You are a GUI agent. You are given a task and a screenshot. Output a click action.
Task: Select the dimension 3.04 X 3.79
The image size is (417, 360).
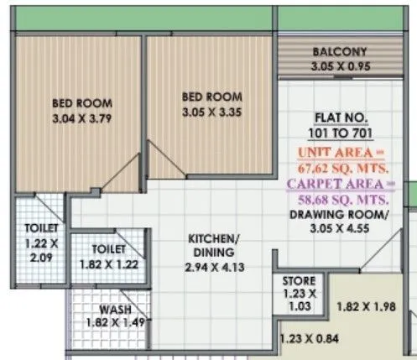[82, 118]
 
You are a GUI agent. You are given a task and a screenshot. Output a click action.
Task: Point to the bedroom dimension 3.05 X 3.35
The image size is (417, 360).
[212, 112]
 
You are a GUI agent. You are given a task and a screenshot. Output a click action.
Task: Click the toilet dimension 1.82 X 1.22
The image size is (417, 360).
[110, 263]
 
